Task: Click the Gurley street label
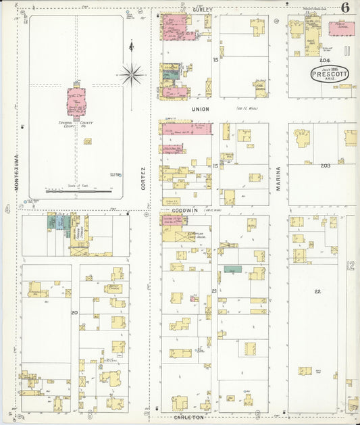(x=202, y=10)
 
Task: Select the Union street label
(x=201, y=109)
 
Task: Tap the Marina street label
(x=278, y=179)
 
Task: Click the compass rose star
(x=131, y=74)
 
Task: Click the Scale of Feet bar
(x=78, y=192)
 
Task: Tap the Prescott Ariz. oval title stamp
(x=331, y=75)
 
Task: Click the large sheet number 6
(x=345, y=7)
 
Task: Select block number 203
(x=326, y=166)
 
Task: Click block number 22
(x=317, y=291)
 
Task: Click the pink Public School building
(x=341, y=28)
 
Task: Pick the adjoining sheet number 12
(x=351, y=266)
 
